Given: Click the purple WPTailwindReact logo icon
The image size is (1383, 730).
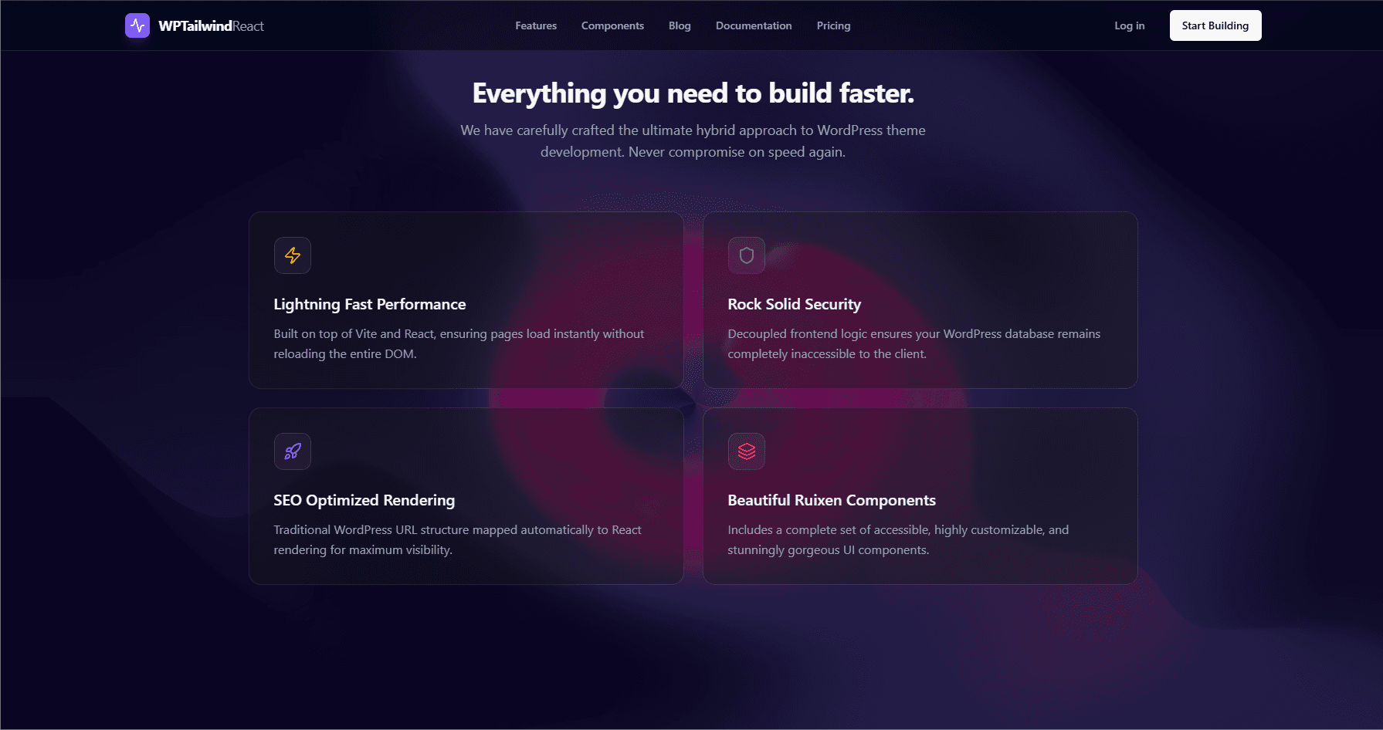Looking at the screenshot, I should [137, 25].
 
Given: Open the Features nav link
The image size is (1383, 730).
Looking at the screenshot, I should [536, 25].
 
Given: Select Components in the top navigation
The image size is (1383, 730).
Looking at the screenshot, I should [612, 25].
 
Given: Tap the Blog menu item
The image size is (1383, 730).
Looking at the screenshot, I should [680, 25].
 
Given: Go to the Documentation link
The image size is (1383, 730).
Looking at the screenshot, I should [754, 25].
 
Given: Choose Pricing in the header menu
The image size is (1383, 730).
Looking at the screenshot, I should [833, 25].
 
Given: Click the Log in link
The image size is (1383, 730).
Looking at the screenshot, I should [1129, 25].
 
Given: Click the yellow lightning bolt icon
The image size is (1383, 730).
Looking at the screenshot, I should [293, 255].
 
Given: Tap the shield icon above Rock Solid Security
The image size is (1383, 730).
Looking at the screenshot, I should [747, 255].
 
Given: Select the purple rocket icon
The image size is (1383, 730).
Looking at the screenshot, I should [293, 451].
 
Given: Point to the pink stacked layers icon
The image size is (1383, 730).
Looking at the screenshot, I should [747, 451].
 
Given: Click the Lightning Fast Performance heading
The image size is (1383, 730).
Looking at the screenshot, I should [370, 304].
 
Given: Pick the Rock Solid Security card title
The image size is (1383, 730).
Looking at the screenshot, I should [794, 304].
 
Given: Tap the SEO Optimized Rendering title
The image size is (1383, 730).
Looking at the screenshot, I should [364, 500].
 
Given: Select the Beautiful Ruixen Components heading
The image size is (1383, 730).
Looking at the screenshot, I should [832, 500].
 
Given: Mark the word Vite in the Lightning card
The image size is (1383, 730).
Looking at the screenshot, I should [366, 334].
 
